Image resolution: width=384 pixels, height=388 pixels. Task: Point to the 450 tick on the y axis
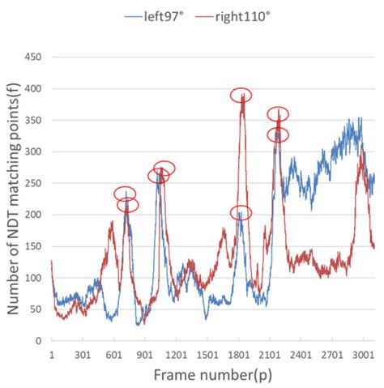coord(33,58)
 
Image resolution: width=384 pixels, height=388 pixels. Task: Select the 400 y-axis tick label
coord(33,89)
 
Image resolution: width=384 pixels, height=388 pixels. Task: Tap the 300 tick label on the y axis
coord(33,152)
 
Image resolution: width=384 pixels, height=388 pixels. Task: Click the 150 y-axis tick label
coord(33,246)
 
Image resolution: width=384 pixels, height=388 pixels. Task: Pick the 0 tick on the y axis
coord(39,341)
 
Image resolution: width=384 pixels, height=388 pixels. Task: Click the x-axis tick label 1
coord(51,354)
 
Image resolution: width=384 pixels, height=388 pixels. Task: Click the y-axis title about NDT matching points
coord(14,200)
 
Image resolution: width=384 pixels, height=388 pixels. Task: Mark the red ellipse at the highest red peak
coord(241,96)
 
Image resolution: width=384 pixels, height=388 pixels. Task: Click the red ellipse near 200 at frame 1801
coord(241,213)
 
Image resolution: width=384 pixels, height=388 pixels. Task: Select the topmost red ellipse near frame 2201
coord(278,114)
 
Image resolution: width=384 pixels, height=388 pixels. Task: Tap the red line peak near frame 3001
coord(361,150)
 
